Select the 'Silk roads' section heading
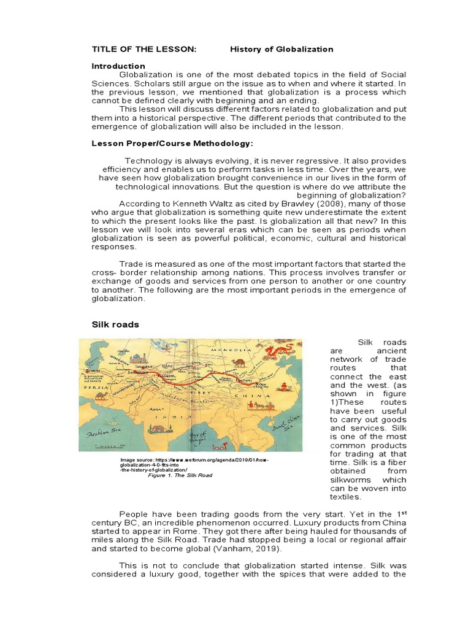coord(115,324)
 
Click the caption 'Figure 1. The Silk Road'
coord(180,475)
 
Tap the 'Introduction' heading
coord(118,66)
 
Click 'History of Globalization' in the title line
coord(281,49)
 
